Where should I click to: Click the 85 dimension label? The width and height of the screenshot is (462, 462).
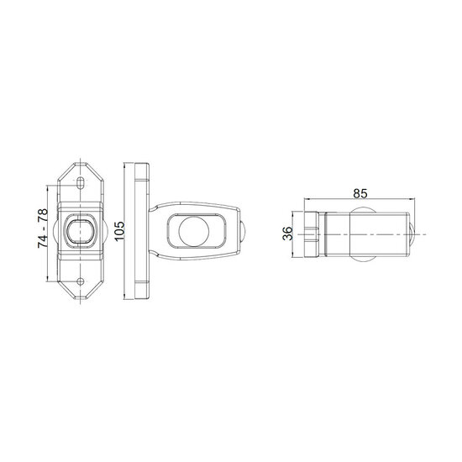point(360,193)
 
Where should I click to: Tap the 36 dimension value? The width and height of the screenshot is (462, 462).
point(287,234)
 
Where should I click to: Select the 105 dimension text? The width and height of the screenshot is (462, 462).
point(119,231)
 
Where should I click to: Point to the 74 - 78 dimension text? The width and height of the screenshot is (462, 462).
point(43,228)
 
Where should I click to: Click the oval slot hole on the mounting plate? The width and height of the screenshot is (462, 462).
point(80,183)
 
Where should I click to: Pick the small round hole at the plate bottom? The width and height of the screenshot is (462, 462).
point(80,281)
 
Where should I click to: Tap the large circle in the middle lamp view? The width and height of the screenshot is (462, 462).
point(194,231)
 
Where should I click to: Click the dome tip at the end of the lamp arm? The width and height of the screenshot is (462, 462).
point(242,231)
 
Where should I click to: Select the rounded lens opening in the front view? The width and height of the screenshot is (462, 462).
point(81,231)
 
